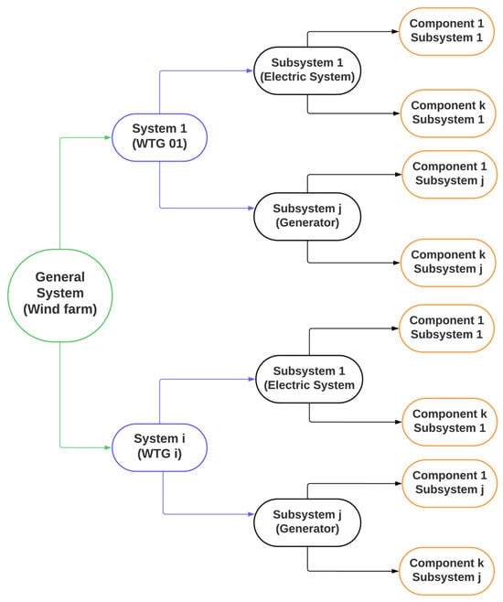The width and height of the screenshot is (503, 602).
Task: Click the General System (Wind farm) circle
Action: pos(59,296)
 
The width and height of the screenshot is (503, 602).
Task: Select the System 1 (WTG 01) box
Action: pos(160,137)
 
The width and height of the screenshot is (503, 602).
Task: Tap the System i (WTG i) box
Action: pos(160,447)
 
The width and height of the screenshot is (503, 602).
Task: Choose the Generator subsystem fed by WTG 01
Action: pos(307,217)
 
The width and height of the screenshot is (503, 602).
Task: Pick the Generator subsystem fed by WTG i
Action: pos(307,522)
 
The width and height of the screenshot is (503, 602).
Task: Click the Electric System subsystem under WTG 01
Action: pos(307,70)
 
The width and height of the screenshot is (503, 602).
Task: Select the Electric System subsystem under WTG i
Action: pos(309,379)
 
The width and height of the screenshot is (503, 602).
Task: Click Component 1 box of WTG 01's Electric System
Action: pos(446,31)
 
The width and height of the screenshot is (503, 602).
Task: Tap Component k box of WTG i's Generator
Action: pos(446,571)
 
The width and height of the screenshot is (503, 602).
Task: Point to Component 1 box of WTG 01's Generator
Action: pos(449,175)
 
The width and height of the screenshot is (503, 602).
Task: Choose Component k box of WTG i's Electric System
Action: pos(449,422)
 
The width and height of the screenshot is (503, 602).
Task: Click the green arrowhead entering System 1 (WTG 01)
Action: pos(108,137)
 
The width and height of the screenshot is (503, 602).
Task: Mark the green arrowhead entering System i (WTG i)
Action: pos(108,447)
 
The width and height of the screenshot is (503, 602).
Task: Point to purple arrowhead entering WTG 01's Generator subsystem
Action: pos(251,208)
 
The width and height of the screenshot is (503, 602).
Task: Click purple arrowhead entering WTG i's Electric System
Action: pos(252,379)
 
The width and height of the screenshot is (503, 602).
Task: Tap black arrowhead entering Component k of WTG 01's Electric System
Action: pos(397,113)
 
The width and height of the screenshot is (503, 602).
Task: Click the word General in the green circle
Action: pos(59,277)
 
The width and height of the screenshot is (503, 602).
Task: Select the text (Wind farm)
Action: pos(59,309)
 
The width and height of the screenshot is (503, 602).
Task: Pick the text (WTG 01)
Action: pos(160,144)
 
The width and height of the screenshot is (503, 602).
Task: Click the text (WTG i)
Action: pos(160,454)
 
